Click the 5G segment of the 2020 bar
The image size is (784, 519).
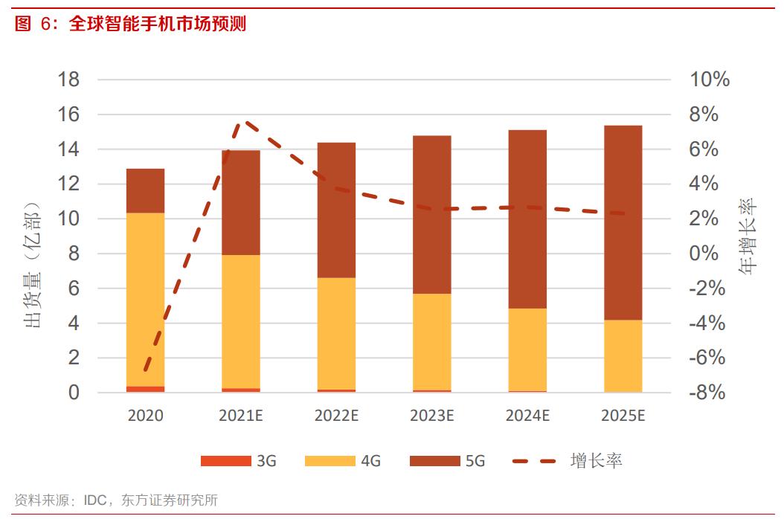pos(145,191)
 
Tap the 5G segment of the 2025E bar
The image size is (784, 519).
pos(623,222)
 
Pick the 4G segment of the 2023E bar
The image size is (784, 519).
pos(431,341)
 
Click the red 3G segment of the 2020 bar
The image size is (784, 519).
pos(145,389)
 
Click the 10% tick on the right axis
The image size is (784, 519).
pos(709,80)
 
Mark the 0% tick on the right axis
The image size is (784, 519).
pos(709,254)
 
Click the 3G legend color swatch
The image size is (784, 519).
pos(225,461)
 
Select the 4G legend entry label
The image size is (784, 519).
pos(370,461)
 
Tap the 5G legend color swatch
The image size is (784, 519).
pos(434,461)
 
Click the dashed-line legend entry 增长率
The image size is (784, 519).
pos(596,461)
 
